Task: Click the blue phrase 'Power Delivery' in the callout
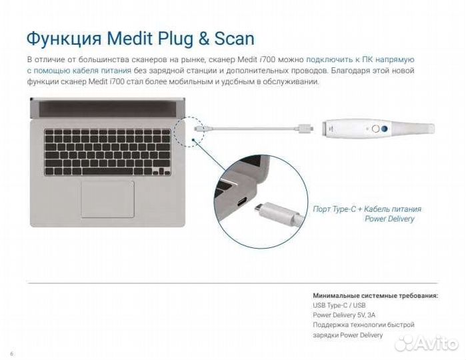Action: [x=389, y=219]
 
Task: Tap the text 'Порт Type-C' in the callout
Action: [x=334, y=209]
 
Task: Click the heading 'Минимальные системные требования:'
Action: [x=375, y=295]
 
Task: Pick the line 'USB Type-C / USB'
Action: [x=340, y=305]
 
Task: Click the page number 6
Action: [x=11, y=353]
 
